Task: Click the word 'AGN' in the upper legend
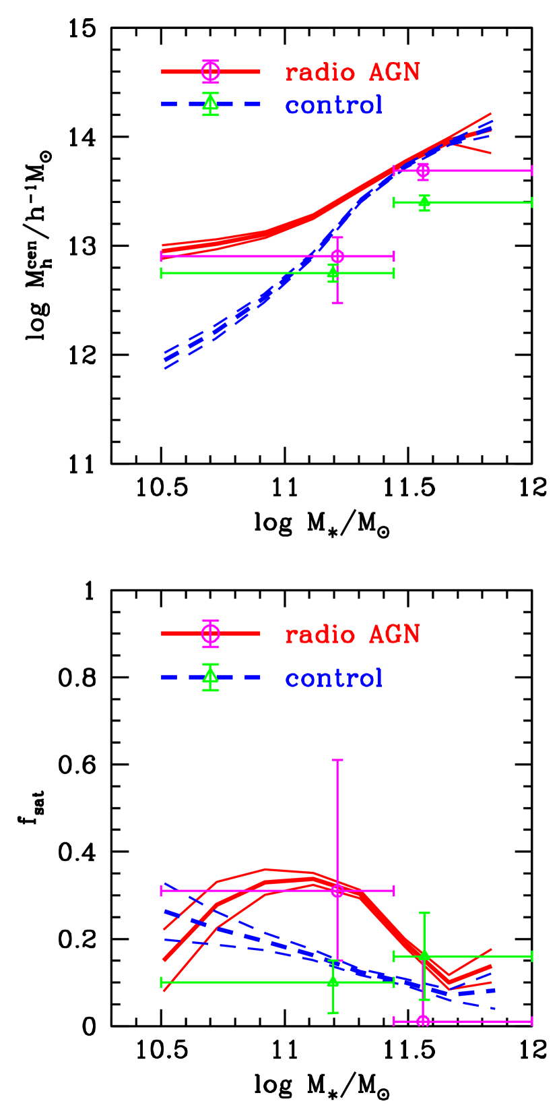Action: tap(394, 73)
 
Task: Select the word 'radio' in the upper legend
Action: tap(320, 73)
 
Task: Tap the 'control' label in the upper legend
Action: tap(334, 105)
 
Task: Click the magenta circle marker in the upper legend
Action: tap(210, 71)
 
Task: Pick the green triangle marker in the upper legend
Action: tap(210, 104)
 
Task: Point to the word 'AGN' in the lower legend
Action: tap(394, 635)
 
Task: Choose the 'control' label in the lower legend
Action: tap(334, 678)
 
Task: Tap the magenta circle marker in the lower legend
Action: tap(210, 633)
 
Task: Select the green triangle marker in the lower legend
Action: tap(210, 676)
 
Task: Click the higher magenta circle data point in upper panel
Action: tap(423, 171)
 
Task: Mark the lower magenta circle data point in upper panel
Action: tap(337, 256)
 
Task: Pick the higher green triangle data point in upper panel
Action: tap(424, 202)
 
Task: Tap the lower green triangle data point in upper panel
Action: tap(333, 272)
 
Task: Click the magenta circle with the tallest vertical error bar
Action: tap(337, 891)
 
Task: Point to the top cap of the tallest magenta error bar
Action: tap(337, 760)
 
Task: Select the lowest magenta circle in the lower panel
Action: tap(423, 1021)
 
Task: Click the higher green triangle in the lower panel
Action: tap(424, 955)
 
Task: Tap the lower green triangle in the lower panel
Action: tap(333, 982)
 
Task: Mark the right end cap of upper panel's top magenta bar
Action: tap(532, 171)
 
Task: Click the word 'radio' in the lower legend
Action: tap(320, 635)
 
